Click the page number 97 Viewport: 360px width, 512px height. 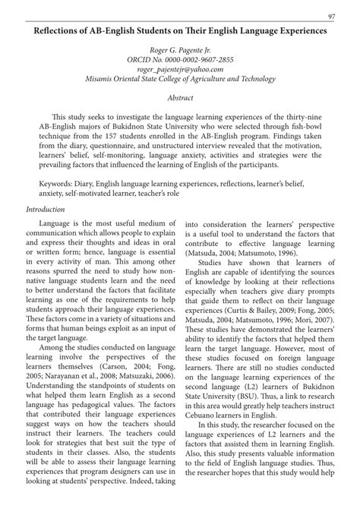[x=332, y=17]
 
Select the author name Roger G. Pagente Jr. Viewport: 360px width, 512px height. [x=179, y=50]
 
